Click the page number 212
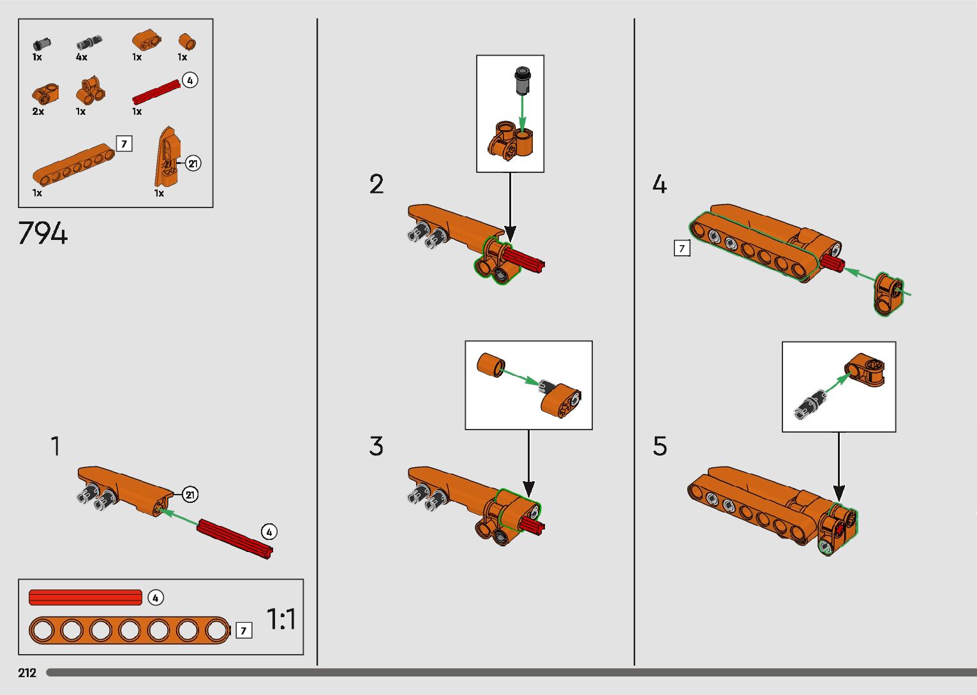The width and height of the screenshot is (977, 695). [x=27, y=673]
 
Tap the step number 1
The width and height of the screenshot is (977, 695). [x=56, y=446]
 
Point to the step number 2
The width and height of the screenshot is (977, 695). [x=377, y=184]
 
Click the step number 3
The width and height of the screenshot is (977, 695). [x=376, y=446]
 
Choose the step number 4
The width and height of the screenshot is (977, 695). [x=659, y=184]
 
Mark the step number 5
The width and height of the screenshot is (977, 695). [x=660, y=446]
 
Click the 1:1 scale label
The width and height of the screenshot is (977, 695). [x=281, y=619]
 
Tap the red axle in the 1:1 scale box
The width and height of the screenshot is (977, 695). [x=86, y=597]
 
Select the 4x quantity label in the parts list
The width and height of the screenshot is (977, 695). [x=82, y=57]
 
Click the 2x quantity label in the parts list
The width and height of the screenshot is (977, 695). [x=38, y=112]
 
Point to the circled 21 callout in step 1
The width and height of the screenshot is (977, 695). [x=190, y=495]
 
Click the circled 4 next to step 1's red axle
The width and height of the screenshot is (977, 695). [x=269, y=532]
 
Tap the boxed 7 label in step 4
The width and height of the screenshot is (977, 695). [x=682, y=248]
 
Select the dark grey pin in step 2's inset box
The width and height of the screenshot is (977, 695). [x=522, y=80]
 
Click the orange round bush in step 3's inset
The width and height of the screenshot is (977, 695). [x=491, y=365]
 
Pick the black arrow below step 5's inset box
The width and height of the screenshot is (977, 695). [x=839, y=467]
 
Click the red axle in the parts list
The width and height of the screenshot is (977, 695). [x=156, y=92]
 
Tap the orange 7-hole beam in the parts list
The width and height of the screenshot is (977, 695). [x=73, y=165]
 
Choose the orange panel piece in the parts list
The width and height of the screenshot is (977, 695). [x=167, y=157]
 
